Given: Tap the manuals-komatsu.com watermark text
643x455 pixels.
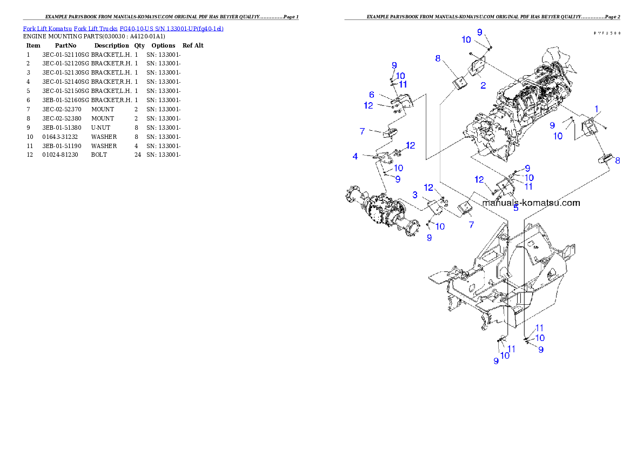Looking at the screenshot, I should (x=531, y=203).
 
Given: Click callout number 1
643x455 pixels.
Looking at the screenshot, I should (x=596, y=109).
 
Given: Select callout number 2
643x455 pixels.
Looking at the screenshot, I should (x=483, y=85).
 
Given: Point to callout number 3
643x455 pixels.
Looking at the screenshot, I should (x=415, y=194).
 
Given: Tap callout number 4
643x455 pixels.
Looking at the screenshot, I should (x=355, y=157).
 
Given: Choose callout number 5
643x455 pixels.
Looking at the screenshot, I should (x=515, y=208).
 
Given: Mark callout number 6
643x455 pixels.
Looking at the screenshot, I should (x=372, y=95).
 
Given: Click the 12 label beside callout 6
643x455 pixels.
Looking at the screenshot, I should (x=369, y=105).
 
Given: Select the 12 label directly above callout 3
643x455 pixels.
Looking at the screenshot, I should (x=428, y=188).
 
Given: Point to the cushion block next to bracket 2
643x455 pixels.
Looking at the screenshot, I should (x=459, y=83).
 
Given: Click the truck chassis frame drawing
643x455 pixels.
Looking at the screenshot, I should (x=503, y=281).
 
